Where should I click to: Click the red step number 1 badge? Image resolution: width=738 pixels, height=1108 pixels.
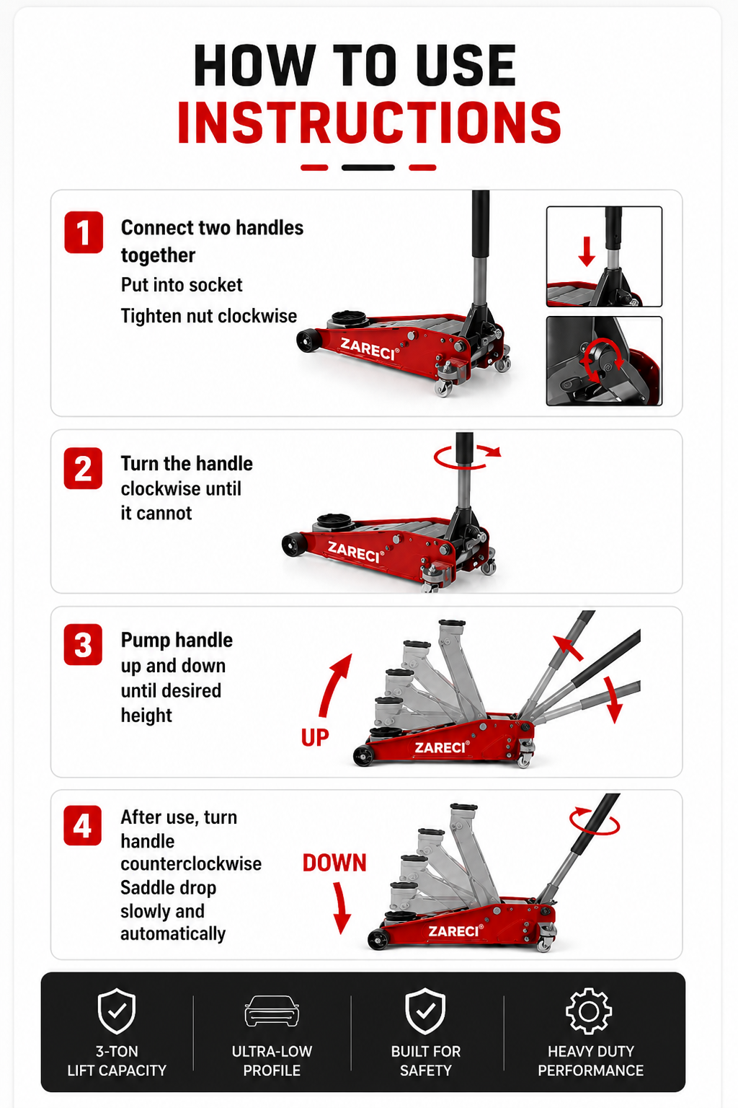[x=84, y=232]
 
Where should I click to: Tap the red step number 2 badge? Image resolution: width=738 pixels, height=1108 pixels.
[x=83, y=468]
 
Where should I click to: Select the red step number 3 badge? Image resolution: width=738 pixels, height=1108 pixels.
[x=83, y=644]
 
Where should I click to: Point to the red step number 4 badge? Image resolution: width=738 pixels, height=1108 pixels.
[x=83, y=825]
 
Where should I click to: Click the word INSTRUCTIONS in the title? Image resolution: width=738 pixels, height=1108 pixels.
[x=369, y=122]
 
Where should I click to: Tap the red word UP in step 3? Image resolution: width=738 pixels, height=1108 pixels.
[x=315, y=737]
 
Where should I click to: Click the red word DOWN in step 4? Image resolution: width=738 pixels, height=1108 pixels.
[x=334, y=863]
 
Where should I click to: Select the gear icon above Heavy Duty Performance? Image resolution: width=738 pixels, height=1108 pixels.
[x=589, y=1011]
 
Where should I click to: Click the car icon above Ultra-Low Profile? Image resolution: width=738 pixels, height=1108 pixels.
[x=272, y=1011]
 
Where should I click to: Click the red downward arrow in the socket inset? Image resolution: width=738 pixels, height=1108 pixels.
[x=587, y=251]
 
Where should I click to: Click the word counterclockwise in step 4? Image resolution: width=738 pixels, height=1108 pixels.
[x=191, y=863]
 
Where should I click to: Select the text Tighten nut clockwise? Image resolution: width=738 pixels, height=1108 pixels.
[x=208, y=316]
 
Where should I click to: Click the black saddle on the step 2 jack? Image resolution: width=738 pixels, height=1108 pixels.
[x=334, y=520]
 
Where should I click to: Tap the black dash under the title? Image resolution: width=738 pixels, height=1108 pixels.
[x=368, y=167]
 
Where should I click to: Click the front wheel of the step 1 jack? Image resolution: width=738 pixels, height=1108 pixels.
[x=308, y=340]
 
